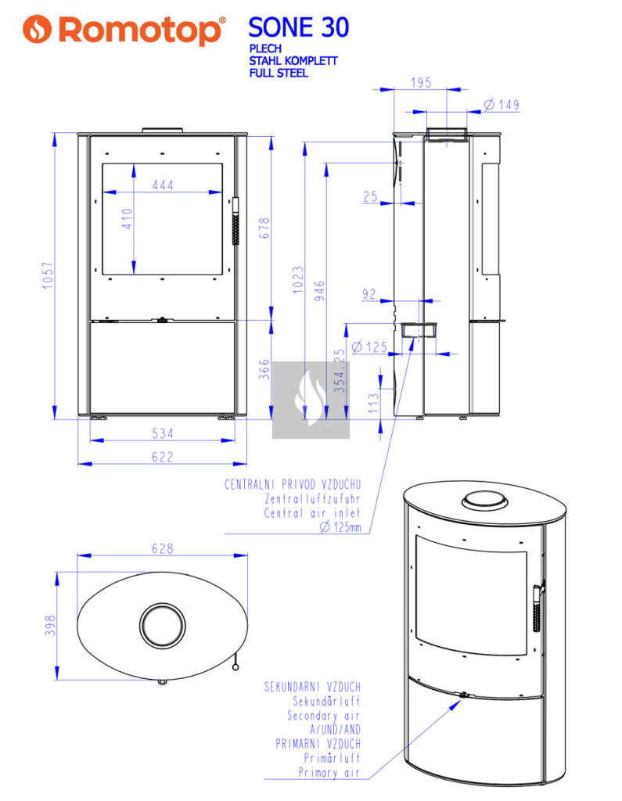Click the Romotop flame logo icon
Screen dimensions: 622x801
(37, 29)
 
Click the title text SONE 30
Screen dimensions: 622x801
(298, 27)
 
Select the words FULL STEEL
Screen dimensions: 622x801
(279, 73)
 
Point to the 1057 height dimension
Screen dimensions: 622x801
(48, 275)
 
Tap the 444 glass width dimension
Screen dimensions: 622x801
(163, 185)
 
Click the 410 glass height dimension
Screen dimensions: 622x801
(127, 218)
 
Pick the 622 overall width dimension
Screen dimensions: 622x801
(163, 457)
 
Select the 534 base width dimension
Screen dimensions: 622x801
(163, 433)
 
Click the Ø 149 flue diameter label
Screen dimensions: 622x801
(502, 105)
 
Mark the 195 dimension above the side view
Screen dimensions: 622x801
(421, 82)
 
